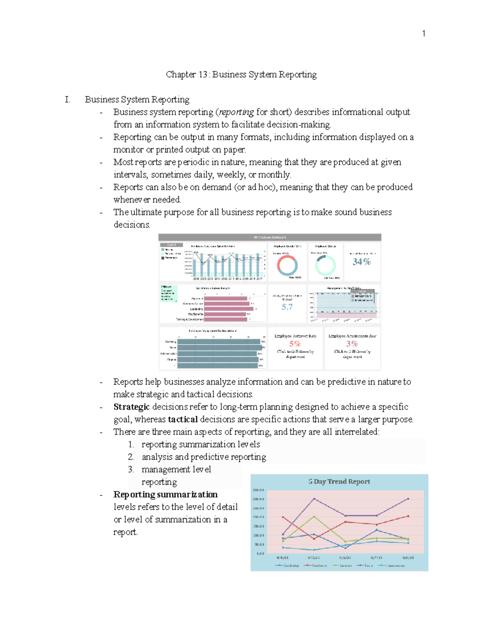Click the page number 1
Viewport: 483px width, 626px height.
click(x=423, y=33)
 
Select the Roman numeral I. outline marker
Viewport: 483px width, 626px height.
click(x=68, y=100)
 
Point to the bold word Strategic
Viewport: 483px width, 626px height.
click(x=131, y=407)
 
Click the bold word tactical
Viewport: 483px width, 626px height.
click(x=183, y=419)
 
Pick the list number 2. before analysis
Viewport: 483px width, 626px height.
click(x=131, y=457)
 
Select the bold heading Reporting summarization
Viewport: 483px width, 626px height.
click(x=165, y=494)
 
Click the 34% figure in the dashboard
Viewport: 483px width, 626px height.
click(x=361, y=262)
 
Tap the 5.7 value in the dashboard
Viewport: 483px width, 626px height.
click(x=287, y=307)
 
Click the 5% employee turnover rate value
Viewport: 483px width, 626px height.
click(x=295, y=344)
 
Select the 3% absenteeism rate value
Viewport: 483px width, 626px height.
click(x=352, y=344)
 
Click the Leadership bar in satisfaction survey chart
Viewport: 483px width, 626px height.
click(x=228, y=309)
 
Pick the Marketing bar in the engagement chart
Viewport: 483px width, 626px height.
click(x=219, y=341)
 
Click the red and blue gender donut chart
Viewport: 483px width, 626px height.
click(x=287, y=265)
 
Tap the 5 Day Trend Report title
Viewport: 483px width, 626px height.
click(x=339, y=481)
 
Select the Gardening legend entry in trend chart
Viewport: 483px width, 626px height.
click(x=287, y=566)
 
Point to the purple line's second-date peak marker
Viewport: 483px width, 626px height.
click(x=314, y=499)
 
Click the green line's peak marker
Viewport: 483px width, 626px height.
click(x=314, y=516)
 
